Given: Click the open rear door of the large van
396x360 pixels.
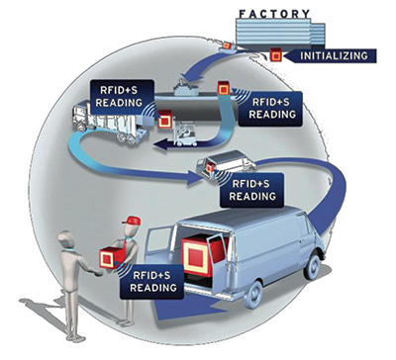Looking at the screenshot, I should pyautogui.click(x=159, y=248).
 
